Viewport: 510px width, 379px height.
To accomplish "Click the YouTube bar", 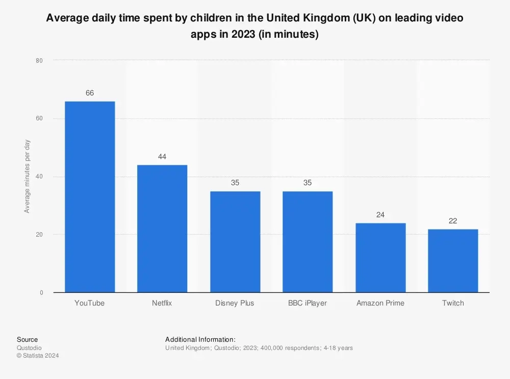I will point(90,197).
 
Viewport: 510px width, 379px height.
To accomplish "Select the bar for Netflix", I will point(162,229).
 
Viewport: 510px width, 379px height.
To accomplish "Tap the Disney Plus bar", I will point(235,242).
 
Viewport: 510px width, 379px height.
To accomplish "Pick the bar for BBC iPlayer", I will point(308,242).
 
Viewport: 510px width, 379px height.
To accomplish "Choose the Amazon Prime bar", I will point(380,258).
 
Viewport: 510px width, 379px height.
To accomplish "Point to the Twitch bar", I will point(453,261).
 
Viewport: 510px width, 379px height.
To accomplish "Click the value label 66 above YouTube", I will point(90,93).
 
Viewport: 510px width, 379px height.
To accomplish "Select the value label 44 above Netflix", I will point(162,157).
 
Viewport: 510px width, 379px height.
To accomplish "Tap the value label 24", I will point(380,215).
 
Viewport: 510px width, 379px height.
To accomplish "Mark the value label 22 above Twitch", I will point(453,221).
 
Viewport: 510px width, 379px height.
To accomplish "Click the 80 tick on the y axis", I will point(39,61).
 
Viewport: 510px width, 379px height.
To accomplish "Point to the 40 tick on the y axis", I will point(39,177).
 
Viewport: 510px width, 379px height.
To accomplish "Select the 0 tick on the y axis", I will point(41,293).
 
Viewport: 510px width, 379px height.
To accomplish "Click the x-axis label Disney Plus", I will point(235,303).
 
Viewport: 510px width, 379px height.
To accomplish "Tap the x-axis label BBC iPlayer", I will point(308,303).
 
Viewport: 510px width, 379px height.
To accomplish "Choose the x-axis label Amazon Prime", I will point(380,303).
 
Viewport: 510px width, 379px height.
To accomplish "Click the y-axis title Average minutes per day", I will point(27,176).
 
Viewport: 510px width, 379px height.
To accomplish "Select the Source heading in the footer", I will point(27,339).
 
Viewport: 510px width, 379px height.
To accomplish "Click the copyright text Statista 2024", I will point(38,356).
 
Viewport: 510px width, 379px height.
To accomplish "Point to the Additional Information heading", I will point(200,339).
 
